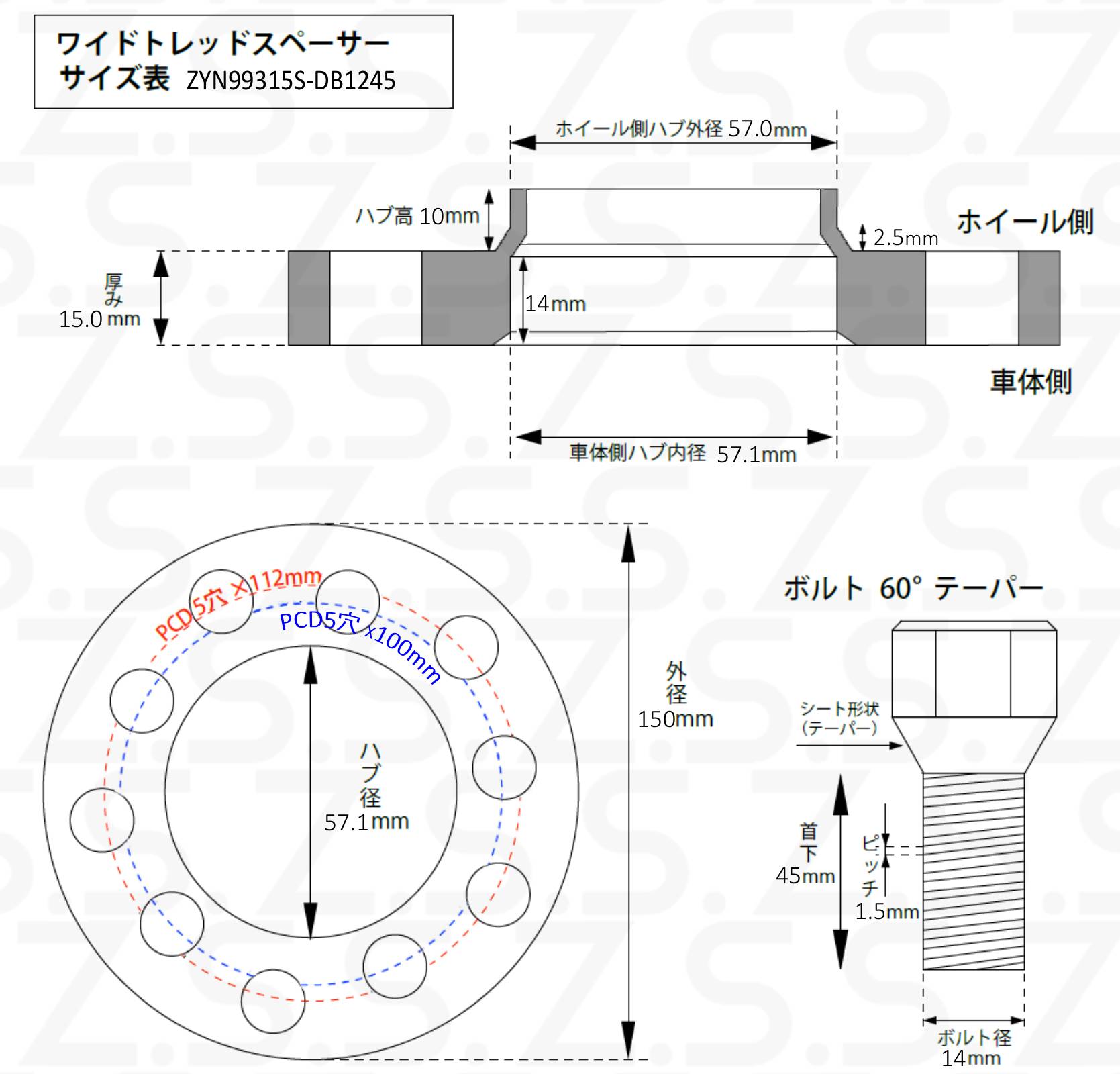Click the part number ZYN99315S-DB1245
tap(291, 81)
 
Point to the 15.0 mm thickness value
tap(99, 319)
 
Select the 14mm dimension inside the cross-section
tap(556, 304)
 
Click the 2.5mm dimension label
tap(905, 238)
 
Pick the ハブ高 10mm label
tap(417, 216)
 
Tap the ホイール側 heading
tap(1025, 222)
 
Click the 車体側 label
tap(1031, 381)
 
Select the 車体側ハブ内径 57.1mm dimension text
tap(682, 454)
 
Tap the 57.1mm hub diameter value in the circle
tap(366, 822)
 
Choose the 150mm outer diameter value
tap(675, 719)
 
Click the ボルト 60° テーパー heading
tap(913, 588)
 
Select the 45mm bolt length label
tap(805, 876)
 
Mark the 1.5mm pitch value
tap(886, 912)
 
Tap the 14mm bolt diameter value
tap(970, 1059)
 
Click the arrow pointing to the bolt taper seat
tap(850, 745)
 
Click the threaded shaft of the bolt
tap(974, 871)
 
